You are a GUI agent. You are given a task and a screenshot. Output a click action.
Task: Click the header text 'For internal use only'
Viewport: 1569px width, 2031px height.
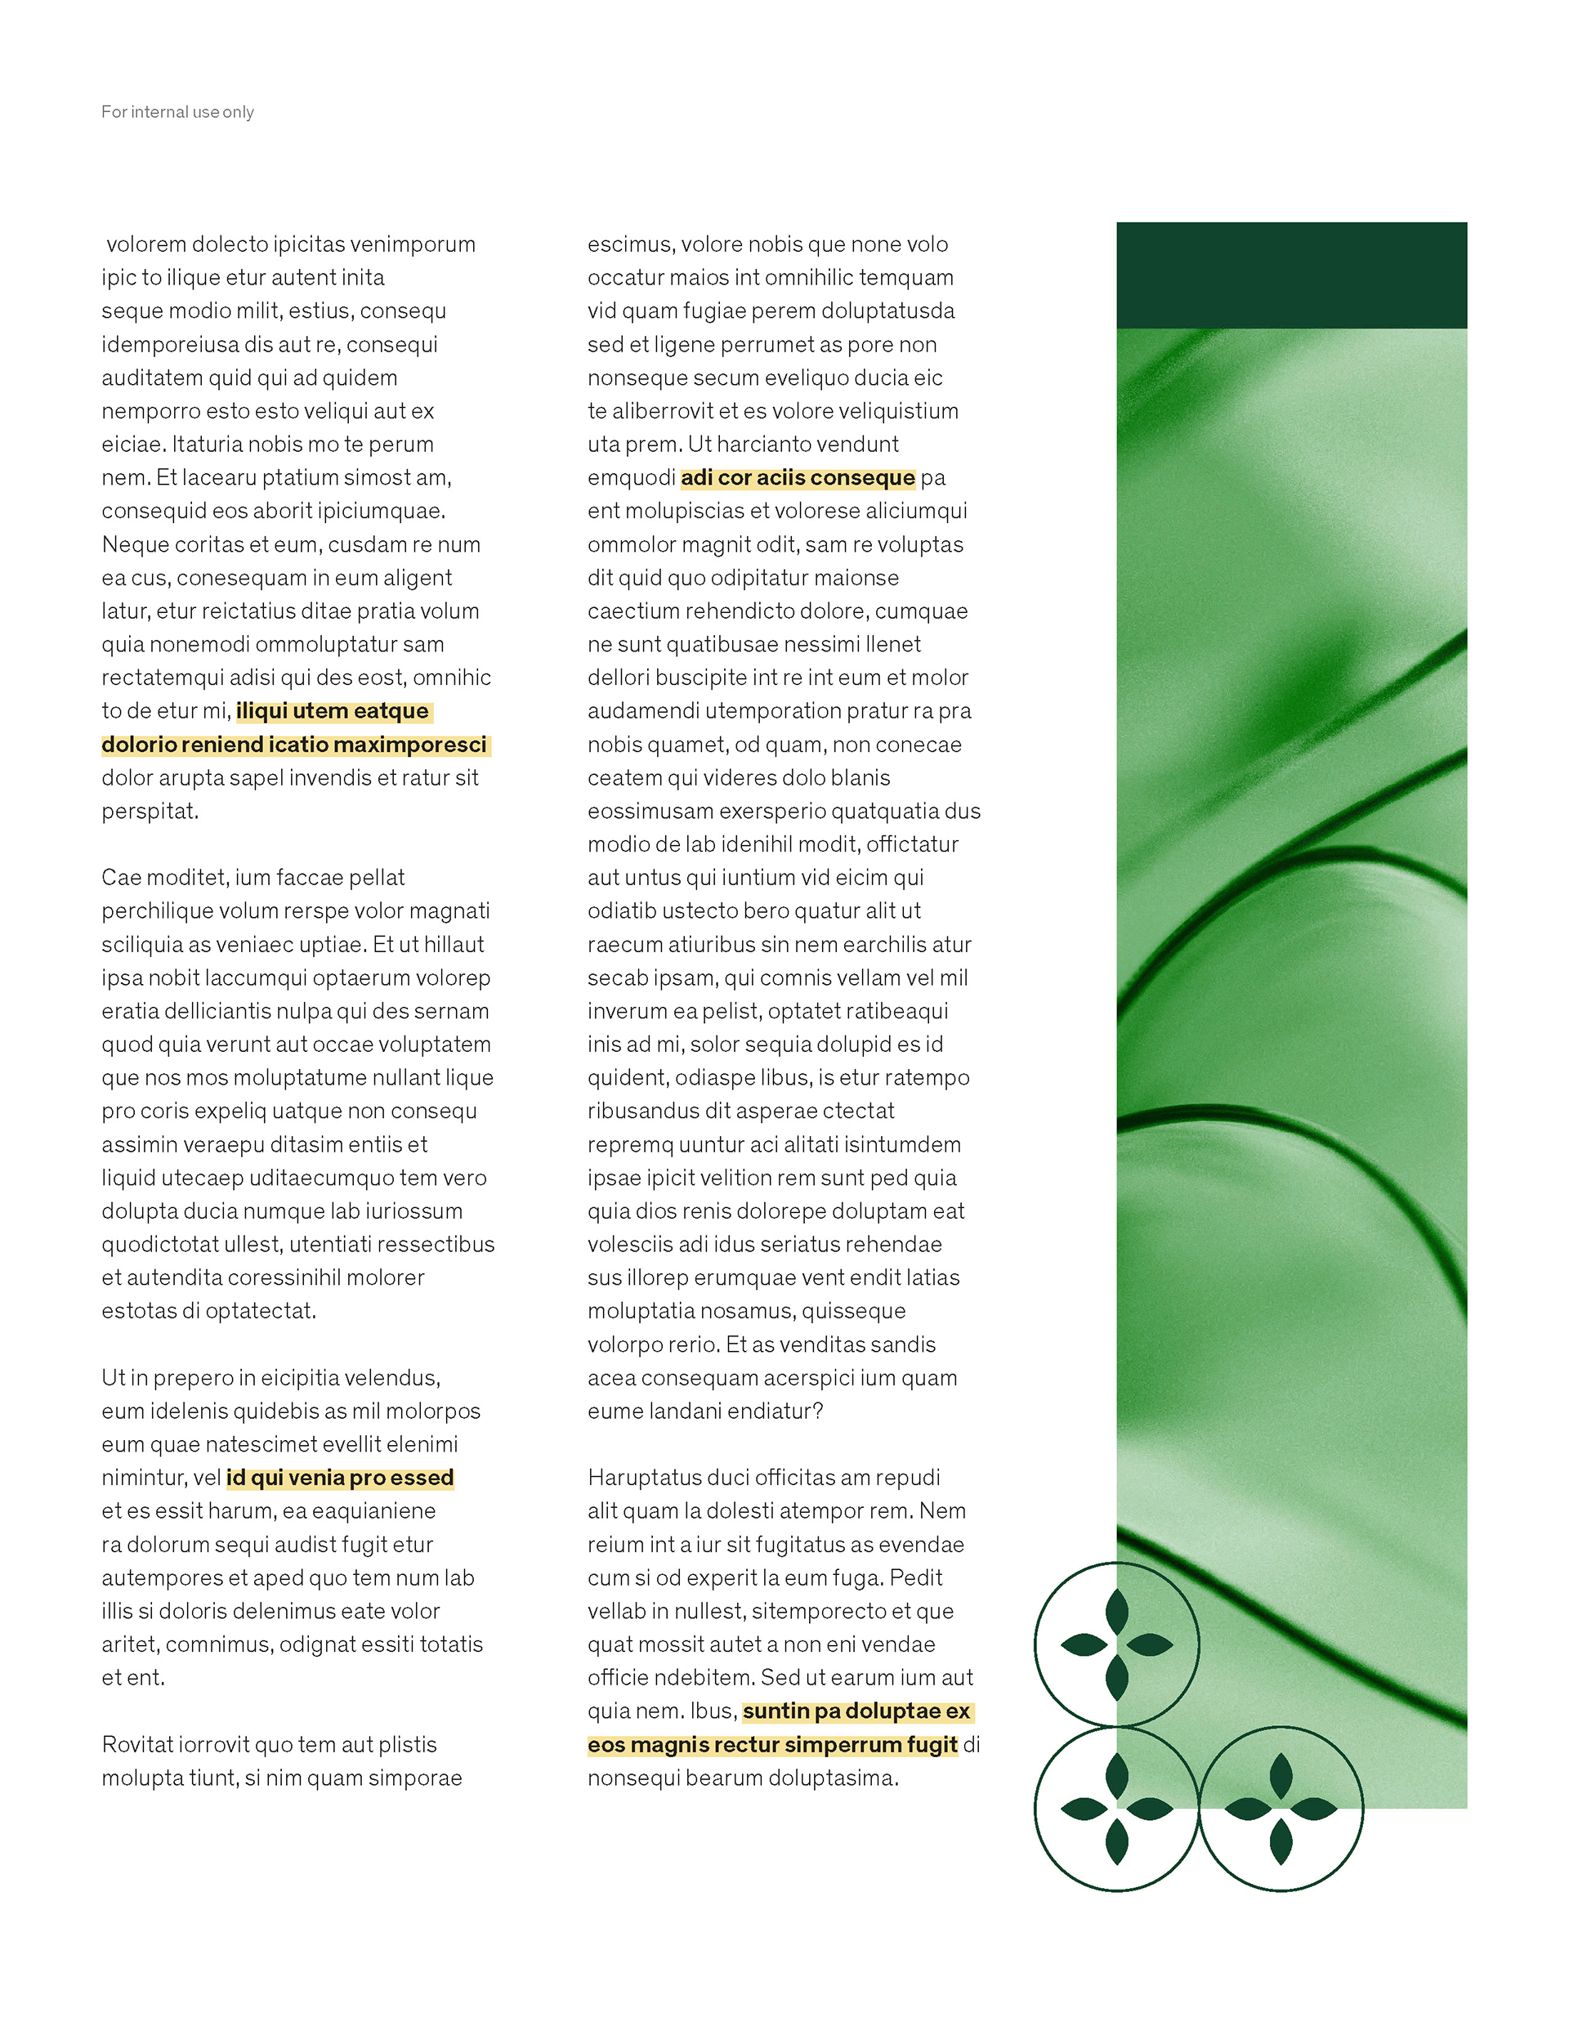(177, 113)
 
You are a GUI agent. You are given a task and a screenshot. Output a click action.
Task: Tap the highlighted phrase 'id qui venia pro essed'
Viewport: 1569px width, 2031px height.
(339, 1478)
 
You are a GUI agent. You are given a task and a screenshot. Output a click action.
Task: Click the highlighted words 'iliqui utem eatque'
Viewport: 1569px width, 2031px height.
(332, 711)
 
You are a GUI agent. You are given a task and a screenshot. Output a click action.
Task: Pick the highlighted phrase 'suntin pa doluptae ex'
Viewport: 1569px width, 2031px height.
(856, 1711)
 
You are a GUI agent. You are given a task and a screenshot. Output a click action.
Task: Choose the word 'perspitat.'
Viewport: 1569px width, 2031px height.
(150, 811)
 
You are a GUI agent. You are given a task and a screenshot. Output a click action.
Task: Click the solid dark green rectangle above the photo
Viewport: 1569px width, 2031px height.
(1291, 275)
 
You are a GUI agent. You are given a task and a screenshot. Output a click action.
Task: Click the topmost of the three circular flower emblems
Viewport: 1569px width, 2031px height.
(1116, 1645)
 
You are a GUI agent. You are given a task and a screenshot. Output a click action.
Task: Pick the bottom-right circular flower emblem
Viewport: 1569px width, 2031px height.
(1280, 1809)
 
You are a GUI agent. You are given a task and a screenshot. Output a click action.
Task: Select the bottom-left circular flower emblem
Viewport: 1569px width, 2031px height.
(1116, 1809)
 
